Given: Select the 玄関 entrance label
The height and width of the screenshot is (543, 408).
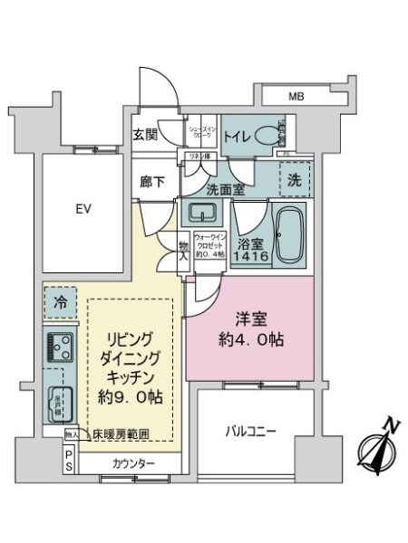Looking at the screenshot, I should tap(147, 137).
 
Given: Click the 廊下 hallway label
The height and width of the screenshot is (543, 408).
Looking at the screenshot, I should tap(151, 182).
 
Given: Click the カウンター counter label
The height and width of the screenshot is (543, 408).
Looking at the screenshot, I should tap(133, 464).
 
